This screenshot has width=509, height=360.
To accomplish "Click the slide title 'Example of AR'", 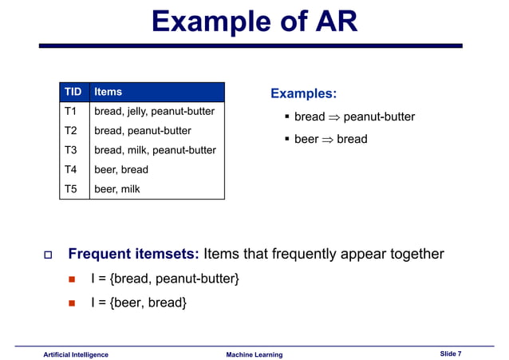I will [254, 22].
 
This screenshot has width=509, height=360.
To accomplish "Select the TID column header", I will [73, 92].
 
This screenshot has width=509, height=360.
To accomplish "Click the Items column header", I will [109, 92].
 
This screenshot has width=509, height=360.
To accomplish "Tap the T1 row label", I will [70, 111].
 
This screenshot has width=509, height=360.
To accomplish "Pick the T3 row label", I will [70, 150].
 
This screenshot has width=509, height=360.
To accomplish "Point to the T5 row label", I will [70, 189].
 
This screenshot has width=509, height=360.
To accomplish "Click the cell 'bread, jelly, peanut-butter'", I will [155, 111].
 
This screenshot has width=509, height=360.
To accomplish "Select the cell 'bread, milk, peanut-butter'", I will [155, 150].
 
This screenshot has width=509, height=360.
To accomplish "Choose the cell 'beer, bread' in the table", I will [121, 169].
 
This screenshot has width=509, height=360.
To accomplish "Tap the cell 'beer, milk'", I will [117, 189].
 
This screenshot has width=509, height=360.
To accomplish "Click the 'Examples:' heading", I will [303, 94].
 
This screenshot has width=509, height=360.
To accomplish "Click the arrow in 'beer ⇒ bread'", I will [327, 140].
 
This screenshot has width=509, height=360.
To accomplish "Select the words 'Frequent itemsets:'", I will [133, 255].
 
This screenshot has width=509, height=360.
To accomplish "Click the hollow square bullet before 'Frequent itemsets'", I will [47, 255].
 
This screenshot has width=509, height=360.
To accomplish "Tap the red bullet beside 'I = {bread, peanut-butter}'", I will [71, 279].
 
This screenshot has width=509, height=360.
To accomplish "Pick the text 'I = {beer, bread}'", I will [139, 302].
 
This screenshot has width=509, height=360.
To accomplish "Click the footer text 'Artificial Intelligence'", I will [76, 354].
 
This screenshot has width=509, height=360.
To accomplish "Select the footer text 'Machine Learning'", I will [254, 354].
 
